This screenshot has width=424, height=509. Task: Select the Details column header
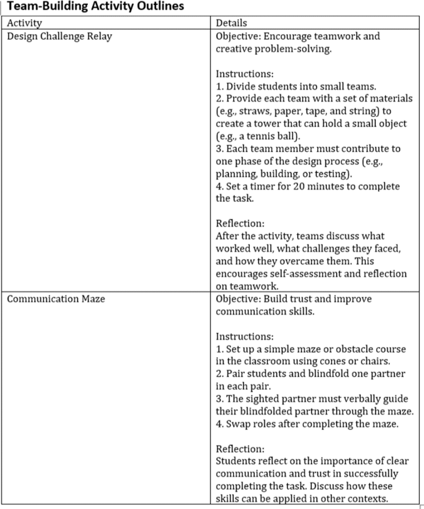231,23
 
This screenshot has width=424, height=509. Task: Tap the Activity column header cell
24,23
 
